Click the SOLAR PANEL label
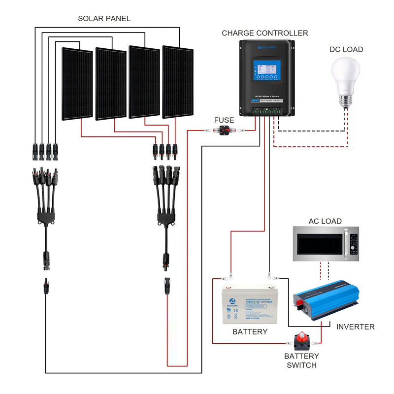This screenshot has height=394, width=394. (104, 19)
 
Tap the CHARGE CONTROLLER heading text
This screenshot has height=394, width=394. (264, 33)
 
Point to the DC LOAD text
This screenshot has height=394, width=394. (346, 49)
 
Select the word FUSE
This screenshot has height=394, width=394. (224, 120)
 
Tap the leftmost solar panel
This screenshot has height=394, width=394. (77, 84)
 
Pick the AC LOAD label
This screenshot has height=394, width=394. (325, 221)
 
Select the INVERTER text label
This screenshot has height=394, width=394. (355, 327)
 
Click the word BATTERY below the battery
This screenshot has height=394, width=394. (250, 332)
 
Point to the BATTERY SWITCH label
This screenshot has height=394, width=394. (301, 361)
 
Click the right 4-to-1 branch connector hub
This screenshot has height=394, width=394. (165, 217)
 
